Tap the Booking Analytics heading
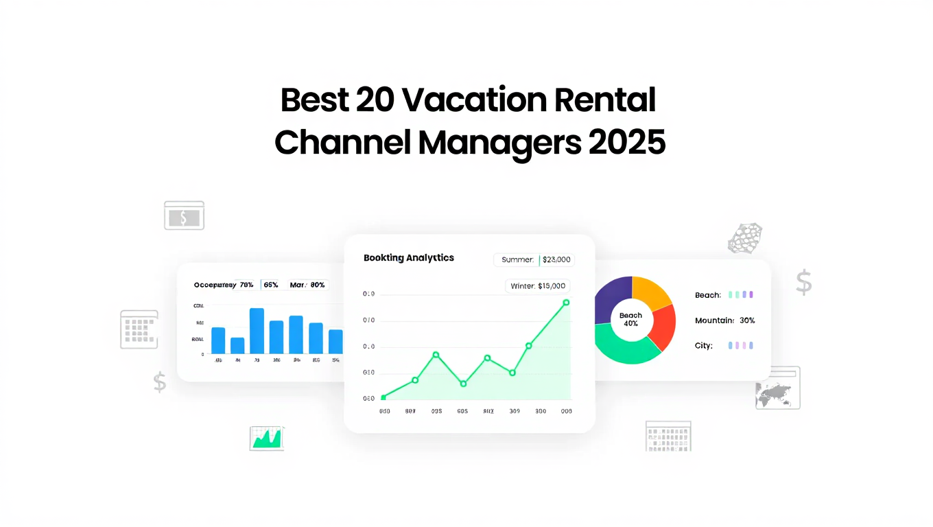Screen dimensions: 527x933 point(409,258)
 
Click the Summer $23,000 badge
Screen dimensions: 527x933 point(534,259)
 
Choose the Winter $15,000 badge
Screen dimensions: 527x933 point(538,286)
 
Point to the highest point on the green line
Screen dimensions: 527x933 point(566,302)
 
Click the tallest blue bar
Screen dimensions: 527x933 point(257,331)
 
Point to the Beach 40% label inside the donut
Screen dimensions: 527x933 point(630,319)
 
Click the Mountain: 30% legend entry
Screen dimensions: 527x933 point(724,320)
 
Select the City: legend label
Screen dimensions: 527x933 point(704,346)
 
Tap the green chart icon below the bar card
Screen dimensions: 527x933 point(267,437)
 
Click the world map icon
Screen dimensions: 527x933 point(777,388)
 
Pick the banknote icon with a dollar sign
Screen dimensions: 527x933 point(184,215)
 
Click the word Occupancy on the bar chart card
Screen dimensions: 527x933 point(215,285)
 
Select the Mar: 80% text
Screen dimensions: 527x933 point(307,285)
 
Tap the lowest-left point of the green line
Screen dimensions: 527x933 point(383,397)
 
